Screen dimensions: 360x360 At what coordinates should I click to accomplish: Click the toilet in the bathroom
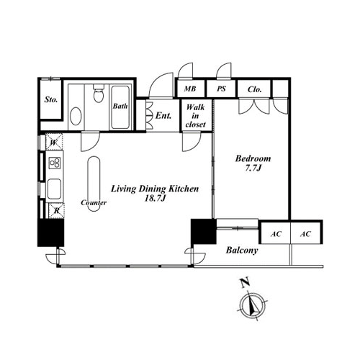tap(98, 94)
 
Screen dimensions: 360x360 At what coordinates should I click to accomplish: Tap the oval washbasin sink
tap(76, 116)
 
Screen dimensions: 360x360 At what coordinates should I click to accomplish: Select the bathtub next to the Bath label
tap(120, 107)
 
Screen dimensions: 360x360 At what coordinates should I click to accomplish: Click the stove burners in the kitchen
tap(55, 163)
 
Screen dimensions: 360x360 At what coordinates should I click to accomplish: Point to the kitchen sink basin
tap(54, 189)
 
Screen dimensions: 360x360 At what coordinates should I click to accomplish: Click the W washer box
tap(54, 142)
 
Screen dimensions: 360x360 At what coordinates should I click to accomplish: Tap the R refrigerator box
tap(56, 211)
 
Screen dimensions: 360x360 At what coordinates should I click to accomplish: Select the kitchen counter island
tap(94, 184)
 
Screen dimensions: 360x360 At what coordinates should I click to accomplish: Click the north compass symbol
tap(253, 305)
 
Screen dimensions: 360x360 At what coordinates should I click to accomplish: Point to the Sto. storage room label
tap(51, 99)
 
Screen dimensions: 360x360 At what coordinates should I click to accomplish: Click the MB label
tap(190, 89)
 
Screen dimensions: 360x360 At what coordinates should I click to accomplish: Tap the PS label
tap(221, 89)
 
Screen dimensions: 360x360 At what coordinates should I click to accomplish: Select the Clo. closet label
tap(254, 89)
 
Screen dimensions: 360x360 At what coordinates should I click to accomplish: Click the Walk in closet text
tap(195, 116)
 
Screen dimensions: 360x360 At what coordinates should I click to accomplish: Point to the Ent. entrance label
tap(163, 116)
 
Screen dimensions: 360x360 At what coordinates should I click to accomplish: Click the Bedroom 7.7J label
tap(253, 163)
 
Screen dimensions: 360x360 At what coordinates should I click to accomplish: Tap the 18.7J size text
tap(155, 198)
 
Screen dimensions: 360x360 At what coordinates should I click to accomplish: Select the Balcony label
tap(242, 251)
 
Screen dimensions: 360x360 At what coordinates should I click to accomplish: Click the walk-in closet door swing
tap(192, 142)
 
